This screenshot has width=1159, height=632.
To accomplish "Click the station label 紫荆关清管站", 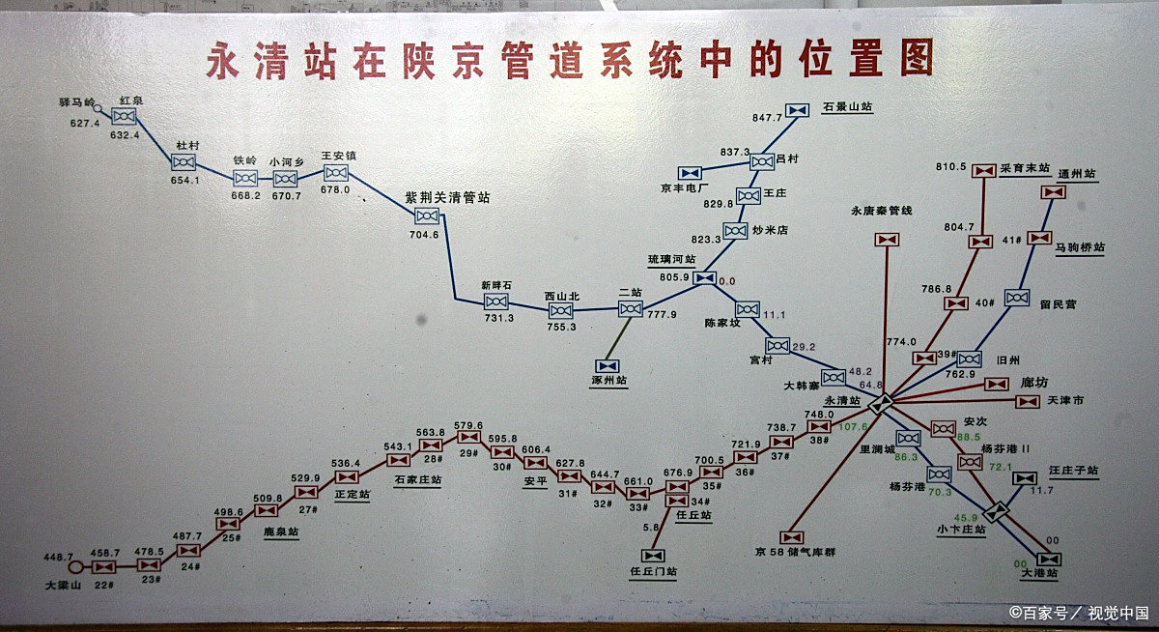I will click(x=447, y=197).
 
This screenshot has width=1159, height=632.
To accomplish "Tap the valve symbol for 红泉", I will click(x=124, y=117).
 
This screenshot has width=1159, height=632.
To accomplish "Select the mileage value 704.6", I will click(x=424, y=235).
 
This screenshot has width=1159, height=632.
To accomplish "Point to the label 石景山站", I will click(x=847, y=108).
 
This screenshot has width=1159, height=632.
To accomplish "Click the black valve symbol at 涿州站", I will click(x=608, y=366).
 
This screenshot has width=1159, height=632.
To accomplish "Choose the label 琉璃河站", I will click(x=671, y=261).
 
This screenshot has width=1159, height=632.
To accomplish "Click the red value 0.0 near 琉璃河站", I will click(x=726, y=281).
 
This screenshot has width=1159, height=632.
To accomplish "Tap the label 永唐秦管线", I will click(x=881, y=211).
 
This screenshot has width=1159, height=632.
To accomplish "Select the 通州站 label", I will click(x=1076, y=175).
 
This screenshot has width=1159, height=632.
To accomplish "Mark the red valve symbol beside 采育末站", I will click(x=984, y=170).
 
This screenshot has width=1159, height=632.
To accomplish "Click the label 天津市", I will click(x=1064, y=400).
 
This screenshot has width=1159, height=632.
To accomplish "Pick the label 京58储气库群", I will click(x=795, y=553).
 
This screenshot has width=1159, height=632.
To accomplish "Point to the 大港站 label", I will click(x=1039, y=574).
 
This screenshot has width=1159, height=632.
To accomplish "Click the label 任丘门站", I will click(x=653, y=573).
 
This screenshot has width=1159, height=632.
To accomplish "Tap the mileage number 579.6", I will click(x=468, y=425).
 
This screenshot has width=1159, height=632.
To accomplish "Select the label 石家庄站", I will click(x=417, y=479).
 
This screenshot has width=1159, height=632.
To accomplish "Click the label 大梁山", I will click(x=65, y=586).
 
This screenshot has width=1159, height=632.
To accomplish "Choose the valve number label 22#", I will click(x=104, y=586).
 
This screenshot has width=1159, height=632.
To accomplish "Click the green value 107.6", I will click(x=852, y=426).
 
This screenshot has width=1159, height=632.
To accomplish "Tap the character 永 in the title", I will click(x=224, y=61).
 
